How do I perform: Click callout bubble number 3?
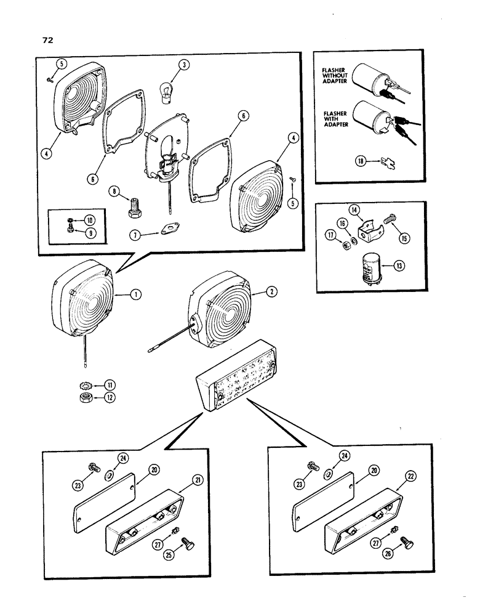(182, 65)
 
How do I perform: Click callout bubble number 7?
(134, 233)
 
